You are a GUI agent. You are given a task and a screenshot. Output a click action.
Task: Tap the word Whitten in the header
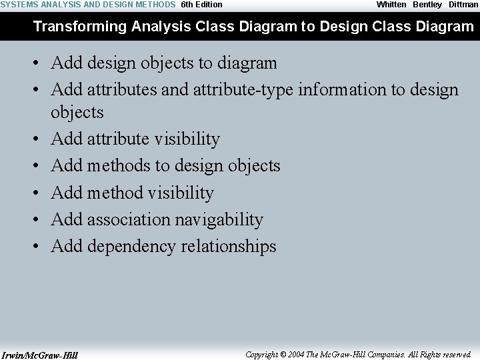(391, 5)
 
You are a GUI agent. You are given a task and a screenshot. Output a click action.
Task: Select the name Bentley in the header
(427, 5)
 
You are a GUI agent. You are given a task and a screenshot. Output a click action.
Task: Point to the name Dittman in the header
(463, 5)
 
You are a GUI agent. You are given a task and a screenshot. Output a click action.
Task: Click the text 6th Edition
(202, 5)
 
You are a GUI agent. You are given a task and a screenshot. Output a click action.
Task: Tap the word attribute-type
(243, 89)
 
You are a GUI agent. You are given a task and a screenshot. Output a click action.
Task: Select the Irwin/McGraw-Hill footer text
(39, 355)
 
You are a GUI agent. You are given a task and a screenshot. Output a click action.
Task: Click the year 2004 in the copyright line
(297, 355)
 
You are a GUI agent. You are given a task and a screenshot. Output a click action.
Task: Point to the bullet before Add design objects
(39, 64)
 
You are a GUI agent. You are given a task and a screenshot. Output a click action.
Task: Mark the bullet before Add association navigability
(39, 220)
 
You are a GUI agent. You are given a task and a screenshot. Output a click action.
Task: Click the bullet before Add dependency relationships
(39, 247)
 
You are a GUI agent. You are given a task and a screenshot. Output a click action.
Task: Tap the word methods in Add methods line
(119, 165)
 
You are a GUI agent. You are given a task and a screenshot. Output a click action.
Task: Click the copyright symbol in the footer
(283, 355)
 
